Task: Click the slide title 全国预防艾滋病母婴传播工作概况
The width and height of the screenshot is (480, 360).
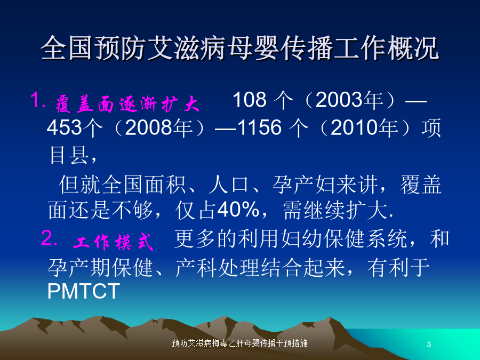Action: pyautogui.click(x=240, y=49)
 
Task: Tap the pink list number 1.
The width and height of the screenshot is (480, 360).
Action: pyautogui.click(x=38, y=100)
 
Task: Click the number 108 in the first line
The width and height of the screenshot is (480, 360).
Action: pyautogui.click(x=250, y=100)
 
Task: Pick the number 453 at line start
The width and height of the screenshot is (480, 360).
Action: pyautogui.click(x=65, y=127)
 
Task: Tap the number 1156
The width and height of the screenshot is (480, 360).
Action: pyautogui.click(x=259, y=127)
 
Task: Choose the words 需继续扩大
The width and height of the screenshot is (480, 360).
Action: pyautogui.click(x=335, y=210)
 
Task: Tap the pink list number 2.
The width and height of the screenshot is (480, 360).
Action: pyautogui.click(x=49, y=238)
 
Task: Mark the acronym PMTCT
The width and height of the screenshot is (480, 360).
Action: pyautogui.click(x=84, y=291)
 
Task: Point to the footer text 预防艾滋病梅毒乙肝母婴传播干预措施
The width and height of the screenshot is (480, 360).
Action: pyautogui.click(x=239, y=343)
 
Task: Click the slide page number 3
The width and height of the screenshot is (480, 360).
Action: pyautogui.click(x=429, y=344)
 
